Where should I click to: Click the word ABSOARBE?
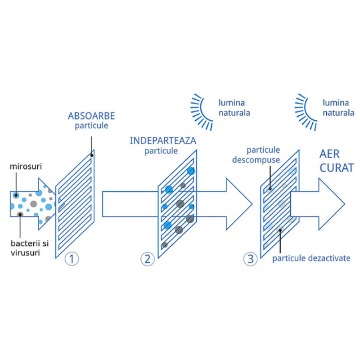point(91,116)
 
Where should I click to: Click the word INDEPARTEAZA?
point(163,141)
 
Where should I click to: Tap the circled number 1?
point(72,259)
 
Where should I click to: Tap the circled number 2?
point(148,259)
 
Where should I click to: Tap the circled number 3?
point(250,259)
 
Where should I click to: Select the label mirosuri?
point(26,166)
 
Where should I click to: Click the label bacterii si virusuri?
point(30,248)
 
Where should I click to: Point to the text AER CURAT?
point(337,161)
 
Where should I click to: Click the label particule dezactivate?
point(311,258)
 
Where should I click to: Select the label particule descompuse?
point(256,155)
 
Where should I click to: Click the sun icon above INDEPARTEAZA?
point(202,112)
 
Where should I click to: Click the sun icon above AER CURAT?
point(306,112)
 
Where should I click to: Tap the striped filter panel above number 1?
point(75,204)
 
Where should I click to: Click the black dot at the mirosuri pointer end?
point(16,195)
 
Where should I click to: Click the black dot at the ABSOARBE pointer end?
point(92,155)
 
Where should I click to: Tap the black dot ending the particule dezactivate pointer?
point(280,230)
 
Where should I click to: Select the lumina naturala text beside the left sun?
point(234,108)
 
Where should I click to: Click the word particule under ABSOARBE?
point(91,126)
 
